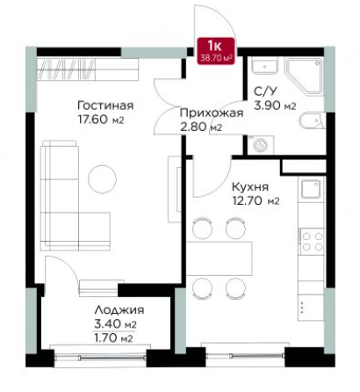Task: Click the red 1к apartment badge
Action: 216,51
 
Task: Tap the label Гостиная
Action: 106,105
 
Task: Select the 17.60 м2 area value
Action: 101,120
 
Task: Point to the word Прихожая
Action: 212,113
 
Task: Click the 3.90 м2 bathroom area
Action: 275,105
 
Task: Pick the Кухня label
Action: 250,186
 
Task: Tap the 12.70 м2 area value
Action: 256,201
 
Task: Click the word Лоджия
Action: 119,309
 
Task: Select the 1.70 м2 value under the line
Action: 113,338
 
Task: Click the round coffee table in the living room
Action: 103,179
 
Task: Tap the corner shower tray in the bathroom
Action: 304,76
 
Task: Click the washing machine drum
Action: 260,145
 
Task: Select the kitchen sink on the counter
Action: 311,189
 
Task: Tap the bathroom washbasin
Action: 264,67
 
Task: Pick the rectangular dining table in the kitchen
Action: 220,258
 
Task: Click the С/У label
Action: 265,91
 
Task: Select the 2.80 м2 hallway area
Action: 201,127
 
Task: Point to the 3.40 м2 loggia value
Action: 115,324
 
